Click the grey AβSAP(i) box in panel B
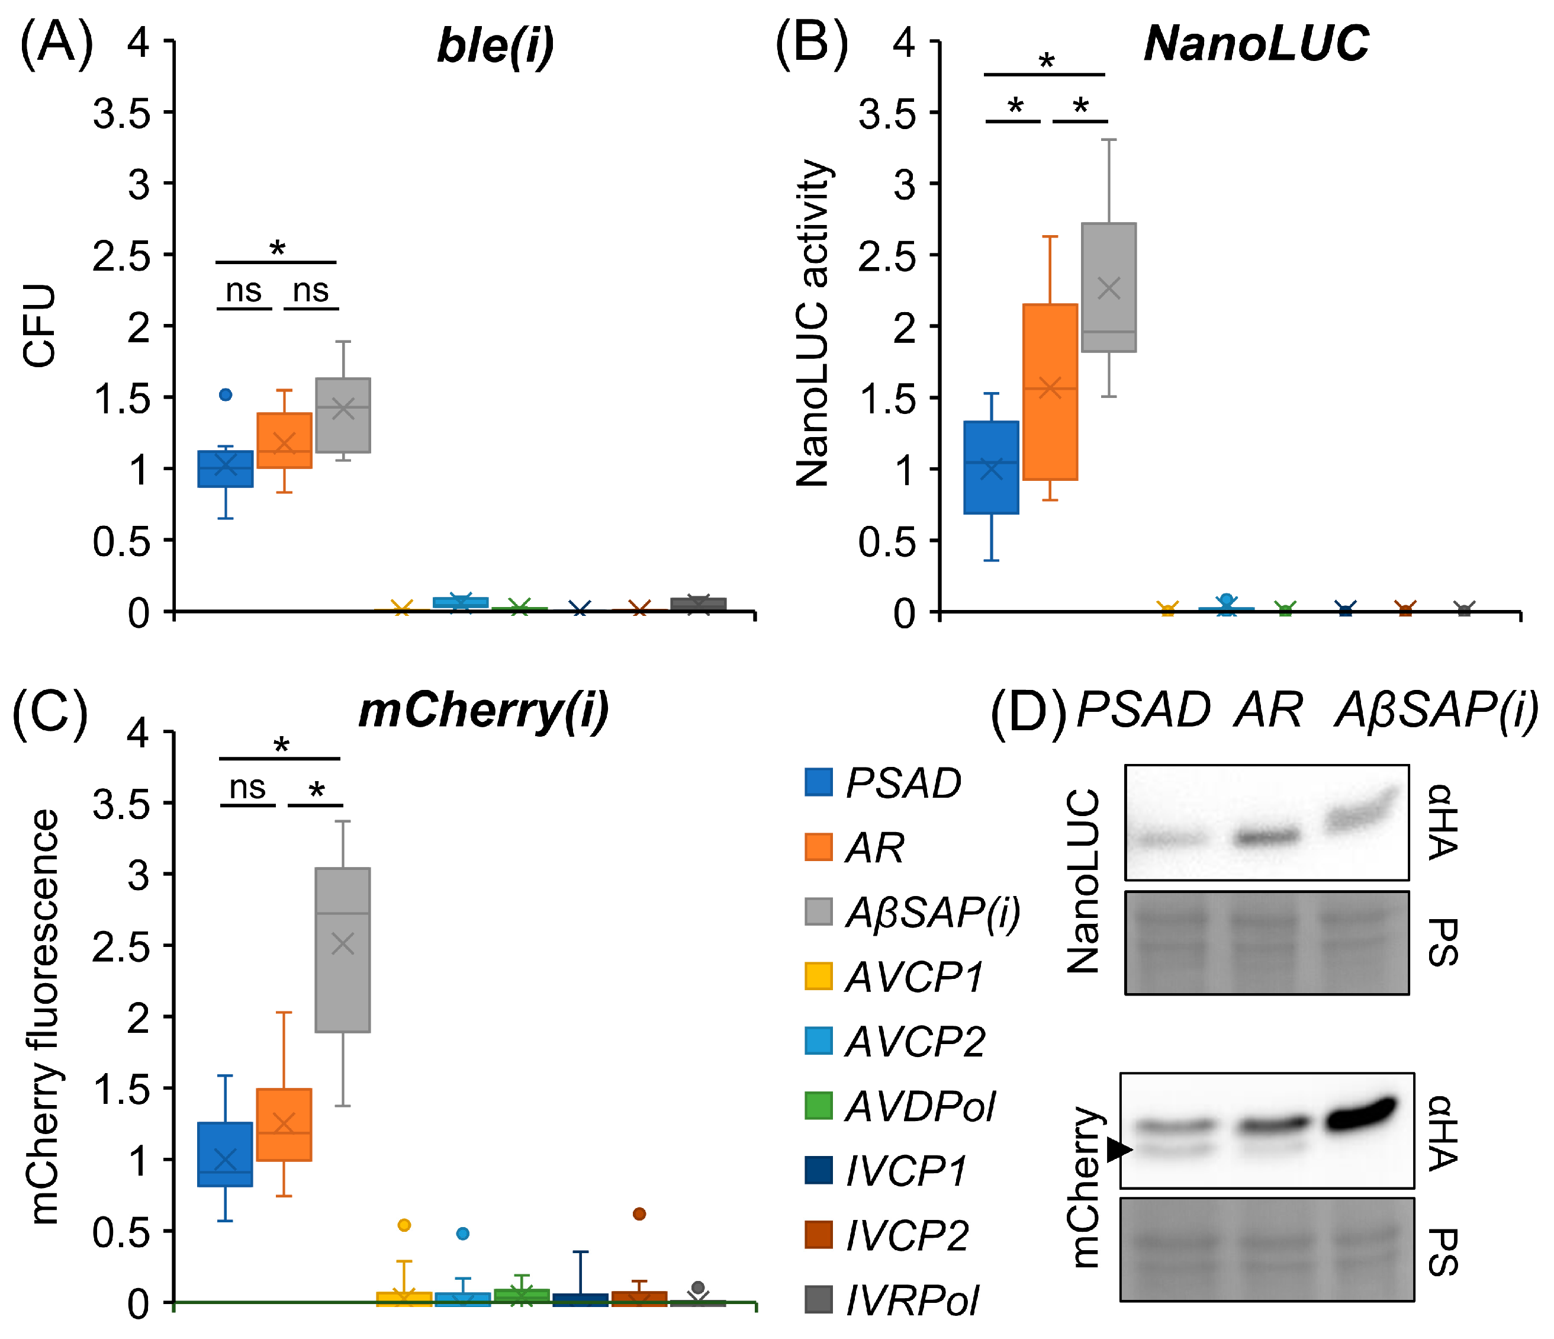1108,287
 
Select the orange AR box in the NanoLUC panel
1050,391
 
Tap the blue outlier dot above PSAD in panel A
226,394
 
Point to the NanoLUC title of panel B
1256,43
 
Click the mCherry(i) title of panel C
484,711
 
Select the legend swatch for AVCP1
818,976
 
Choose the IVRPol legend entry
910,1300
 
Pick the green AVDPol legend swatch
818,1106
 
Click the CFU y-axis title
40,326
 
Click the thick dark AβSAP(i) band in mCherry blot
1361,1116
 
